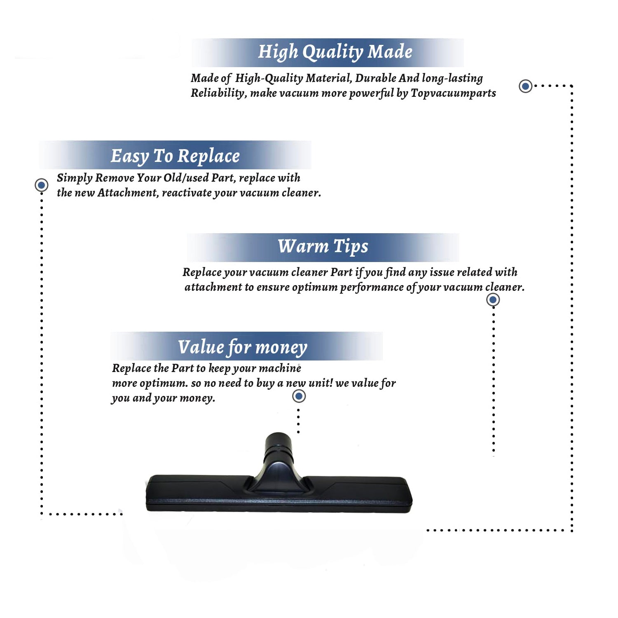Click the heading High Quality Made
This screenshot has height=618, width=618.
pyautogui.click(x=335, y=52)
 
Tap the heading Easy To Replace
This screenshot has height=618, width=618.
pyautogui.click(x=175, y=156)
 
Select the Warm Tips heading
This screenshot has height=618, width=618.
pyautogui.click(x=323, y=247)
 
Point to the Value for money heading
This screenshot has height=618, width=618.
pyautogui.click(x=243, y=347)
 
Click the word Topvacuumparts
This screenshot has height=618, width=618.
pyautogui.click(x=453, y=94)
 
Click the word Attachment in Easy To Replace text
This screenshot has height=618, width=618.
pyautogui.click(x=128, y=193)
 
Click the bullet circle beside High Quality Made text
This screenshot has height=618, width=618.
pyautogui.click(x=525, y=86)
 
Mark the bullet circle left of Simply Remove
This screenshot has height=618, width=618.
pyautogui.click(x=41, y=185)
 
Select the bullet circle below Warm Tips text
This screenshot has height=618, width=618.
pyautogui.click(x=493, y=300)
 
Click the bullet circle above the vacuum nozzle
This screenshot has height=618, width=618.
pyautogui.click(x=299, y=396)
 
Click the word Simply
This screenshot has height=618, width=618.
pyautogui.click(x=75, y=178)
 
